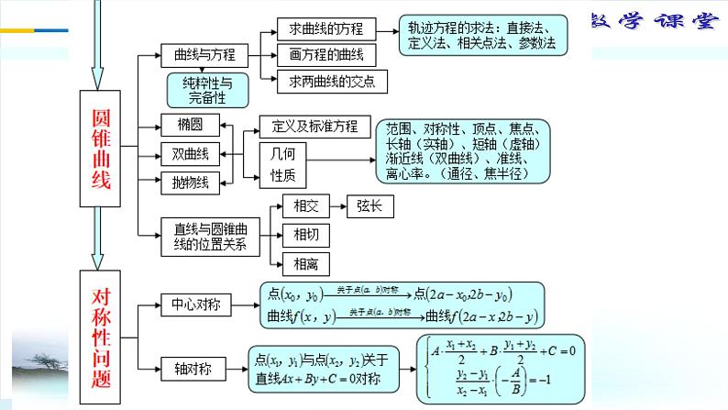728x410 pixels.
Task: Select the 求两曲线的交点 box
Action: pos(332,83)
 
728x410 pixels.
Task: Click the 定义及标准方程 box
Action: pos(315,127)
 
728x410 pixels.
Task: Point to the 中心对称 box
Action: pos(196,304)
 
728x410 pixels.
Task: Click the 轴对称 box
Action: pos(192,369)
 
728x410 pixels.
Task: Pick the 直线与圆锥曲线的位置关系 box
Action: pos(210,235)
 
